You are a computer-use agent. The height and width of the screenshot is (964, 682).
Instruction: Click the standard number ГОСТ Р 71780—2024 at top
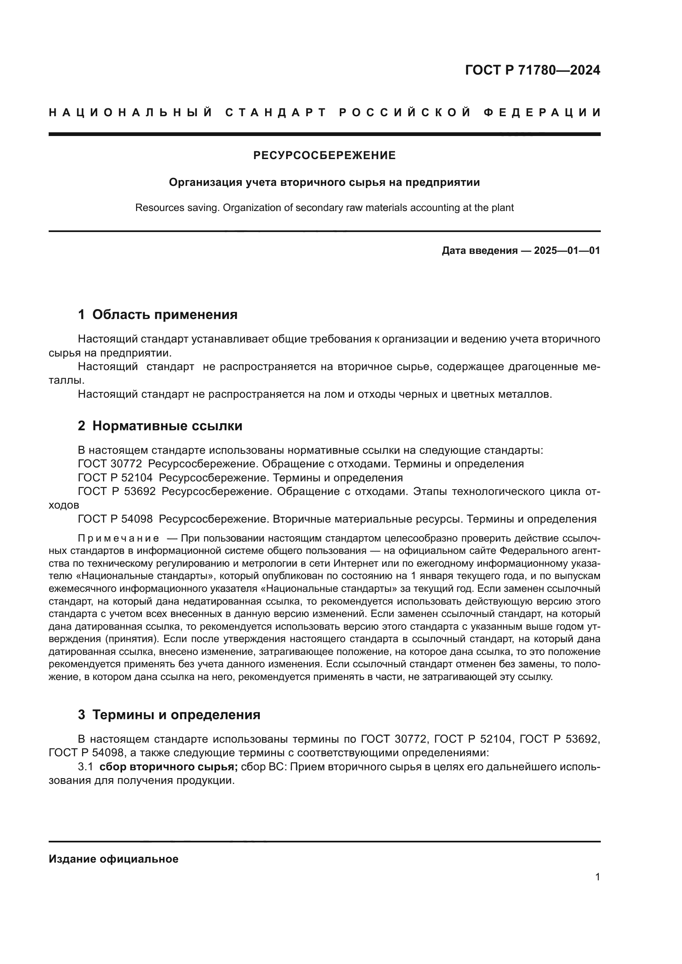click(532, 70)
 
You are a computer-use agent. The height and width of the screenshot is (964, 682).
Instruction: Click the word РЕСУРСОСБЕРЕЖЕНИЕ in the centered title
click(324, 156)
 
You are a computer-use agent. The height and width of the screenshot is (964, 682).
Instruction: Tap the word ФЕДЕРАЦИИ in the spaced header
click(542, 113)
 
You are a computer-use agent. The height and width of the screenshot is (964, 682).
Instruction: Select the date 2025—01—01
click(567, 251)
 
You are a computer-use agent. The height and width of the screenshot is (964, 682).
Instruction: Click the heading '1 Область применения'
click(158, 314)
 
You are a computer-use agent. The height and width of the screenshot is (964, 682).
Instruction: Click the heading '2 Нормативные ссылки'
click(160, 426)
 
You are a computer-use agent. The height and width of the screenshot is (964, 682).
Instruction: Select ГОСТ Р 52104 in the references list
click(115, 478)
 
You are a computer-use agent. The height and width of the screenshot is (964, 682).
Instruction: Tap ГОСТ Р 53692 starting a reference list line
click(117, 492)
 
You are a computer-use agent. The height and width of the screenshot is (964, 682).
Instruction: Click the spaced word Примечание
click(118, 539)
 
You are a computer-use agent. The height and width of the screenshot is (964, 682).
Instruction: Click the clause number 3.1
click(85, 767)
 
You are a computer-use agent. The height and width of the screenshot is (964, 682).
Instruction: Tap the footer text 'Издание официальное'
click(113, 859)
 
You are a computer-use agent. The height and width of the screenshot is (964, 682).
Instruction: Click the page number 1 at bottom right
click(597, 877)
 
